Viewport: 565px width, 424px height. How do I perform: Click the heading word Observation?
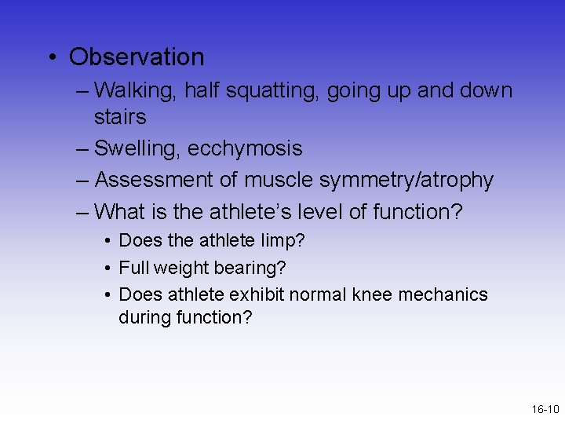[x=137, y=57]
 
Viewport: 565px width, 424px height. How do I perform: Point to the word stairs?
[x=120, y=118]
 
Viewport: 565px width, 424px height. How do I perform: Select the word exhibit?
[x=255, y=295]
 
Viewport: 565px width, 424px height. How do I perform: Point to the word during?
[x=144, y=317]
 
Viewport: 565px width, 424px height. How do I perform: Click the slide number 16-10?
[x=545, y=409]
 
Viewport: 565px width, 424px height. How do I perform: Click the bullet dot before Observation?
[x=50, y=58]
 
